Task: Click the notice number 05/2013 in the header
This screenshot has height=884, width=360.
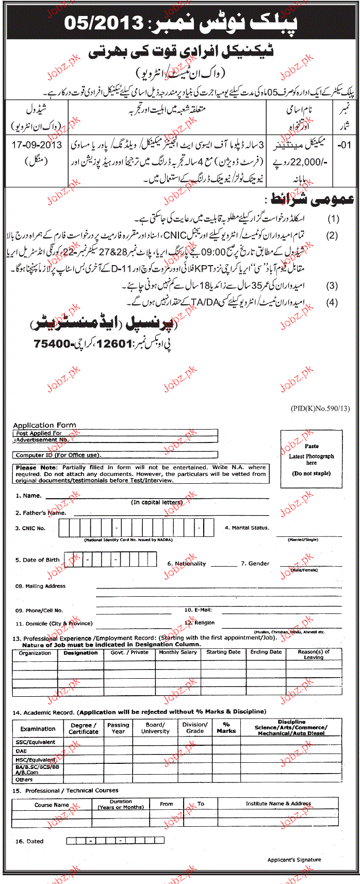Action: point(111,22)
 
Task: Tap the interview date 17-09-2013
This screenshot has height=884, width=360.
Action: point(37,145)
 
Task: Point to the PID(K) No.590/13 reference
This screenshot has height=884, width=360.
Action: point(320,408)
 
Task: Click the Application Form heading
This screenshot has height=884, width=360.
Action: point(44,425)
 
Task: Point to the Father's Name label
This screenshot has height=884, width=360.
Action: point(41,513)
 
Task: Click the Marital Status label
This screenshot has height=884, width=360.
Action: point(247,528)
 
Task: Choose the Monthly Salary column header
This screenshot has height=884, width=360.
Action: point(178,652)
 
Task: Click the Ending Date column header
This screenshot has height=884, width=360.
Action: point(266,652)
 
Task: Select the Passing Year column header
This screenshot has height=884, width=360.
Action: point(118,728)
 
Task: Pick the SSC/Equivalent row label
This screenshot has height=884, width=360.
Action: point(36,742)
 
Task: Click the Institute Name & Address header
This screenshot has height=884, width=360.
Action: point(278,803)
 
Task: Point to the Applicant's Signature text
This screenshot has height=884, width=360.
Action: point(294,860)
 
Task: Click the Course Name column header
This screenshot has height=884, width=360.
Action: point(52,805)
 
